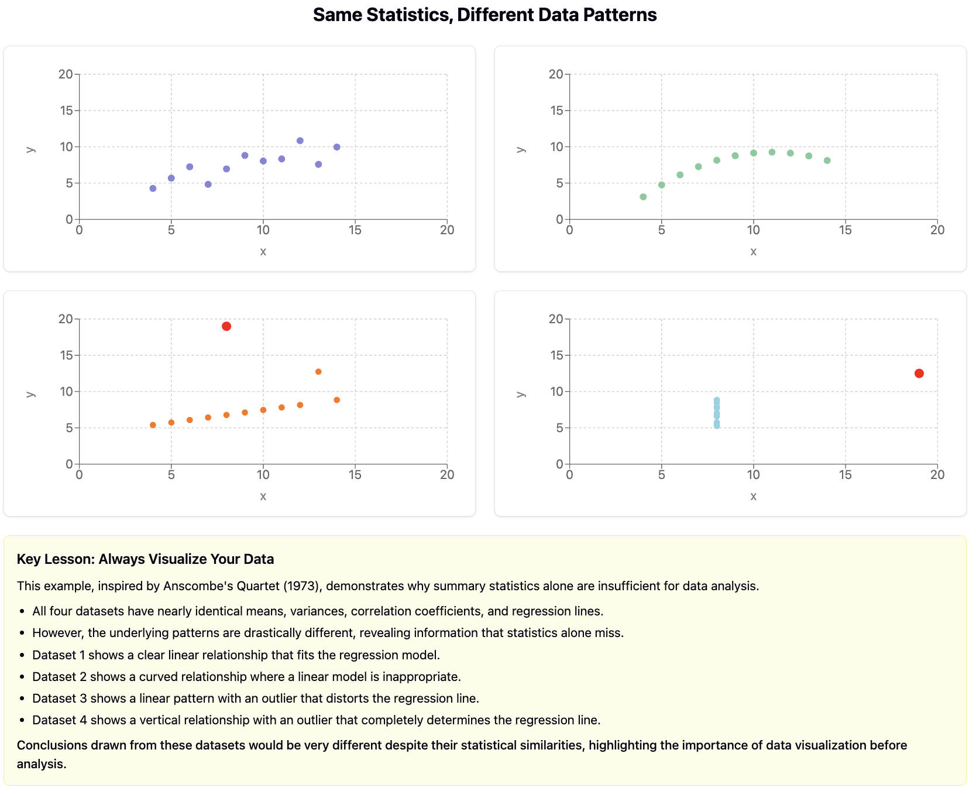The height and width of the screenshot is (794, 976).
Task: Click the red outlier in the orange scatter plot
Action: pos(226,326)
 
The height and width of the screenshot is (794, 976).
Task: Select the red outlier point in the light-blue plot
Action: pos(919,374)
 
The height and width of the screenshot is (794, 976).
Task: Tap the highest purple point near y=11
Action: pos(300,141)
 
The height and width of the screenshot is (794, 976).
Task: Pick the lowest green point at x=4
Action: pos(643,197)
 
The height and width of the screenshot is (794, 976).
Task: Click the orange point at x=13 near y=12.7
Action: pos(318,372)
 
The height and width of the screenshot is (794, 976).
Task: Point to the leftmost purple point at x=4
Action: pos(153,189)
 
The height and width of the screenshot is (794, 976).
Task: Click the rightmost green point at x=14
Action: pos(827,160)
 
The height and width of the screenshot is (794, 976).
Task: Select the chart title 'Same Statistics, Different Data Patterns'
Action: pos(484,15)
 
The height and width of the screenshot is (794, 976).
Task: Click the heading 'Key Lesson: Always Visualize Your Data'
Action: pos(145,559)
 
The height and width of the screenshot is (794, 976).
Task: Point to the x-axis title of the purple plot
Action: pos(263,251)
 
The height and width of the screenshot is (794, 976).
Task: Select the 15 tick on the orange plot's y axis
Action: pos(66,355)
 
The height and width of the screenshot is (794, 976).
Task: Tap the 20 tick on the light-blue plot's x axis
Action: pos(937,475)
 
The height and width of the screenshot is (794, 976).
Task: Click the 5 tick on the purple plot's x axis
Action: pos(171,230)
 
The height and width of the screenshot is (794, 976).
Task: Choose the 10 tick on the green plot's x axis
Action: pos(753,230)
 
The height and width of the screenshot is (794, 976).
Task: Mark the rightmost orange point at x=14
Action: pos(336,400)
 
